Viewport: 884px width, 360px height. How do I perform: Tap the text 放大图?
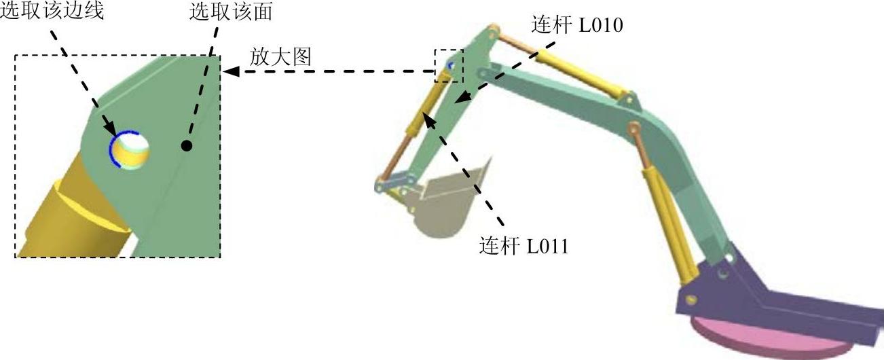click(280, 57)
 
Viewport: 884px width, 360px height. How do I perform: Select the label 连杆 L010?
click(578, 26)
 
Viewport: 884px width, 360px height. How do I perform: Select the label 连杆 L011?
click(523, 245)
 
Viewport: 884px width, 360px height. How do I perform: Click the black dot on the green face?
click(187, 145)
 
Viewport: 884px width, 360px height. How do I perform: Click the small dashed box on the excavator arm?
click(449, 65)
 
